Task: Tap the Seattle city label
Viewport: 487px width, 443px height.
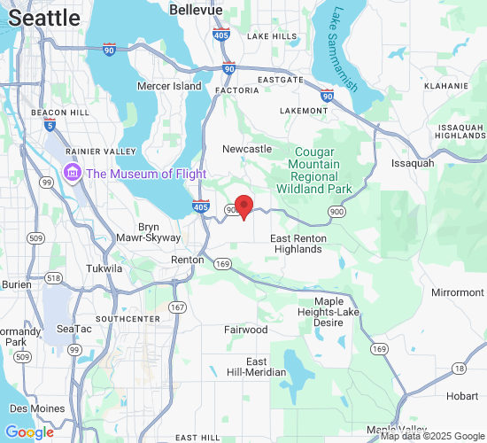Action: click(x=44, y=18)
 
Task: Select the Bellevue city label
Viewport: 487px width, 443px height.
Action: click(x=196, y=9)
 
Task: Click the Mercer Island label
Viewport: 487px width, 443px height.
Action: click(x=169, y=86)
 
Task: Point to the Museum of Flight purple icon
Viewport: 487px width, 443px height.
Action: click(x=72, y=173)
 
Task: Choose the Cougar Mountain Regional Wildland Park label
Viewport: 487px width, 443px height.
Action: click(x=314, y=171)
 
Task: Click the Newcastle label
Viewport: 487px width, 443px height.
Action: click(x=247, y=149)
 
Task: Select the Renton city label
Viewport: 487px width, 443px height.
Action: click(x=187, y=260)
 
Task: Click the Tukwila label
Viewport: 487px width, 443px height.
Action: click(x=104, y=268)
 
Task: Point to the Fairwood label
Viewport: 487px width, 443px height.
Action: click(x=246, y=330)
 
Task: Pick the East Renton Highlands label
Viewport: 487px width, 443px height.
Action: click(x=297, y=245)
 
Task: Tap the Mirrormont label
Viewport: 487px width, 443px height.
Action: click(x=457, y=292)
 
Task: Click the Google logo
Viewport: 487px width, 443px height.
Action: click(x=29, y=432)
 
